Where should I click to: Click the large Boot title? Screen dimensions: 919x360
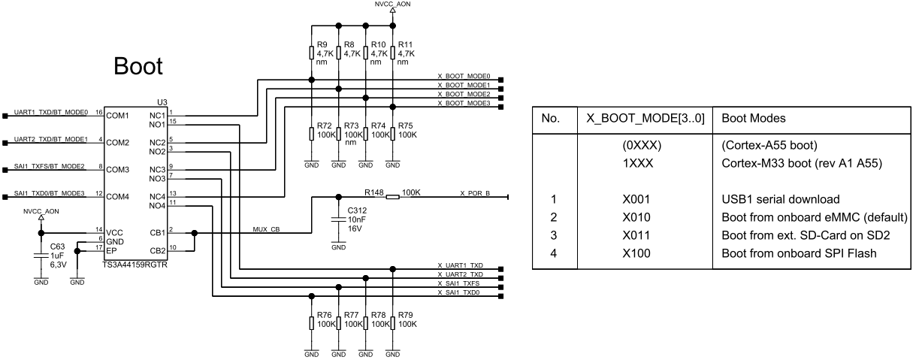138,66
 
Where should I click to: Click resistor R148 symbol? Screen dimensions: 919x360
393,198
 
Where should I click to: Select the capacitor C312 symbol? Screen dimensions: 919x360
338,219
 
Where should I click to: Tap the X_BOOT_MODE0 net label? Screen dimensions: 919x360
464,76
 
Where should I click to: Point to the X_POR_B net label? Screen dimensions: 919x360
475,193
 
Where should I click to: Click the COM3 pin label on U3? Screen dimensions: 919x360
118,170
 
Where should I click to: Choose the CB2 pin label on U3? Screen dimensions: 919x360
158,250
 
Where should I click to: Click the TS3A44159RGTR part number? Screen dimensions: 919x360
135,265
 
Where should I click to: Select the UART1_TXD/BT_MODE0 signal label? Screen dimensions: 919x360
51,112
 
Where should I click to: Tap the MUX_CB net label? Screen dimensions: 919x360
266,229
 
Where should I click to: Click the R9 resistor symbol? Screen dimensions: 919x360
311,53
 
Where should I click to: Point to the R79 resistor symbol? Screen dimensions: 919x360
393,323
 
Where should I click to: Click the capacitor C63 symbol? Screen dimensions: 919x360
41,256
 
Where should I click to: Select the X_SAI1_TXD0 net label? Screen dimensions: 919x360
458,292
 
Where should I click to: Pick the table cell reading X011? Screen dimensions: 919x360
636,235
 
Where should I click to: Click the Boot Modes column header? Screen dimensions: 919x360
754,118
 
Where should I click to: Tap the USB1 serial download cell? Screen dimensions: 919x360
781,199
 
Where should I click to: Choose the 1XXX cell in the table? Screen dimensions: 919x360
638,163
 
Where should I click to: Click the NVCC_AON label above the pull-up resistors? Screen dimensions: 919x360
393,4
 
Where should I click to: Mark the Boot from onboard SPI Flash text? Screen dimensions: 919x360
800,253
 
